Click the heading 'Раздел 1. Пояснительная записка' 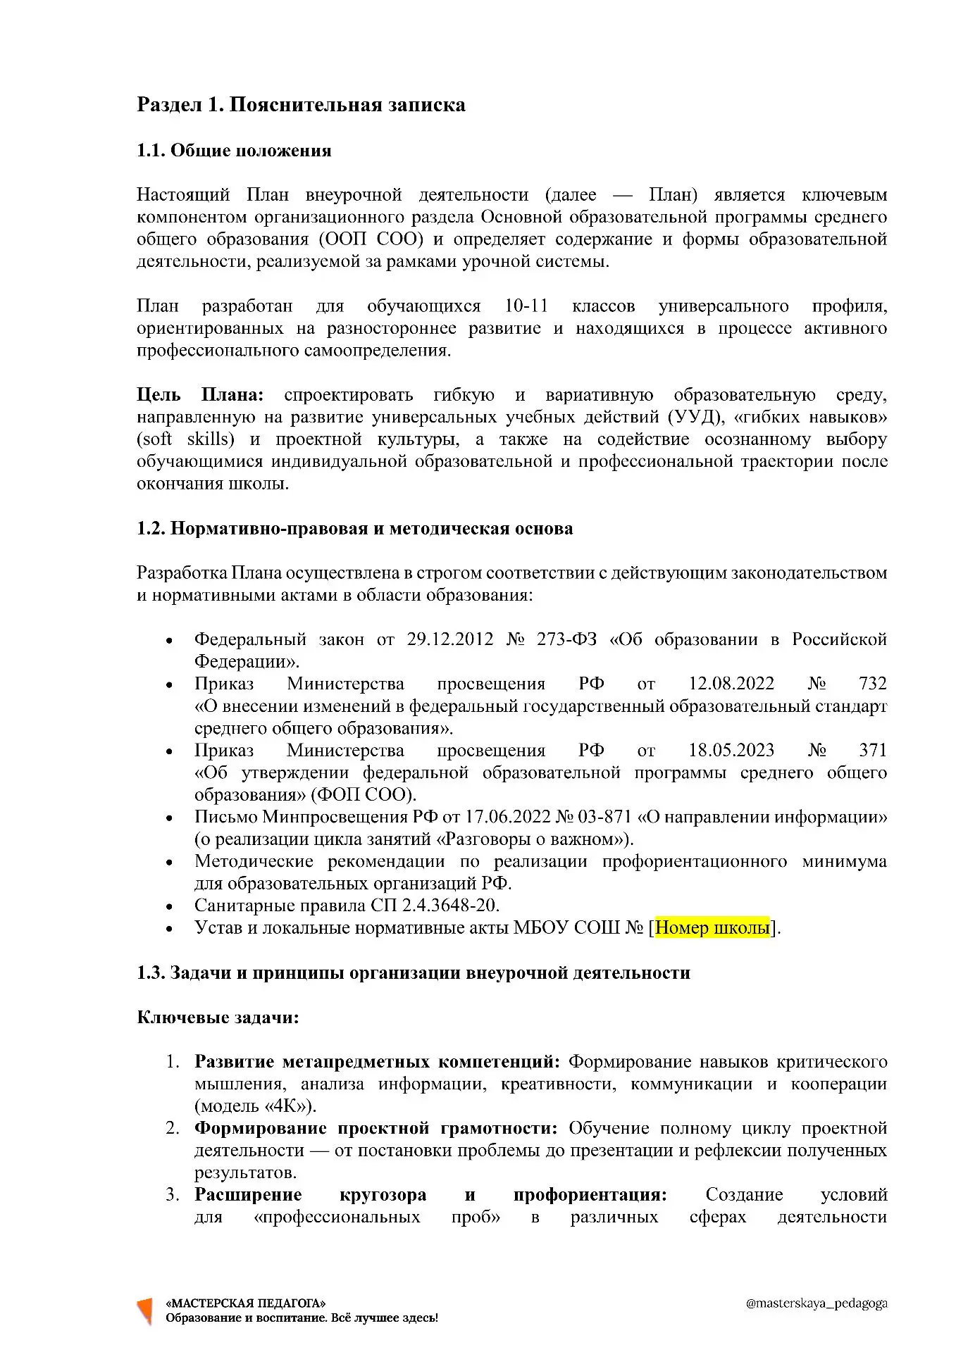click(x=301, y=105)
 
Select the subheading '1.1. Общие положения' click(x=234, y=151)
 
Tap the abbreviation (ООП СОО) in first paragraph click(x=371, y=239)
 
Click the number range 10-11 click(x=526, y=306)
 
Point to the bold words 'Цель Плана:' click(x=200, y=395)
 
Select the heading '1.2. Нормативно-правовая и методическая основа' click(x=354, y=529)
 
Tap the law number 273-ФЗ click(x=566, y=639)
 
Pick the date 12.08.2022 click(x=731, y=684)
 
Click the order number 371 click(x=872, y=751)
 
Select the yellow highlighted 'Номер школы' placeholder click(x=712, y=928)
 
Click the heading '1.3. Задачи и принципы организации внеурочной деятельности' click(x=414, y=973)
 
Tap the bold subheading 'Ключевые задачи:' click(x=218, y=1018)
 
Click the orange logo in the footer click(x=145, y=1310)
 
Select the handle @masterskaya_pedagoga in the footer click(x=816, y=1303)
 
